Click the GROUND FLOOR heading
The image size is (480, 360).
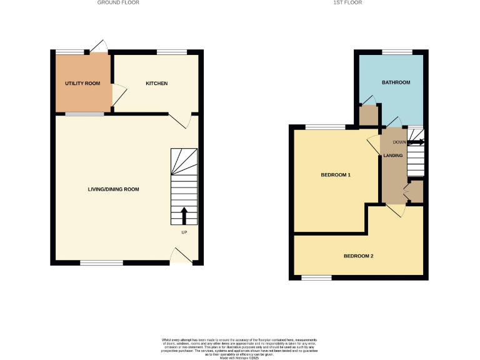118,2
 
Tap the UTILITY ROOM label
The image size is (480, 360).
82,83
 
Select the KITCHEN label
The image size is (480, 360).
157,83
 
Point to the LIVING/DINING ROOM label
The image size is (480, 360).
113,189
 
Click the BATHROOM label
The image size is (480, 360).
396,82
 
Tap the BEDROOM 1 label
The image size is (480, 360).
336,174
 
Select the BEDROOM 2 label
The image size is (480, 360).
358,256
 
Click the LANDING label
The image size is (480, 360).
392,155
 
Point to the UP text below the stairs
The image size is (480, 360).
184,233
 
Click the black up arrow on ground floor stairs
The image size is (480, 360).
184,215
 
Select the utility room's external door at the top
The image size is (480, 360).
97,46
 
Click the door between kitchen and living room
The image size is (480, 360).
180,121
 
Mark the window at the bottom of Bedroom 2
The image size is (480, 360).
316,277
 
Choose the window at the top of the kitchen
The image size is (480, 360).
171,51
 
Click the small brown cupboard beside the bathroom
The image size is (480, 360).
369,116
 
